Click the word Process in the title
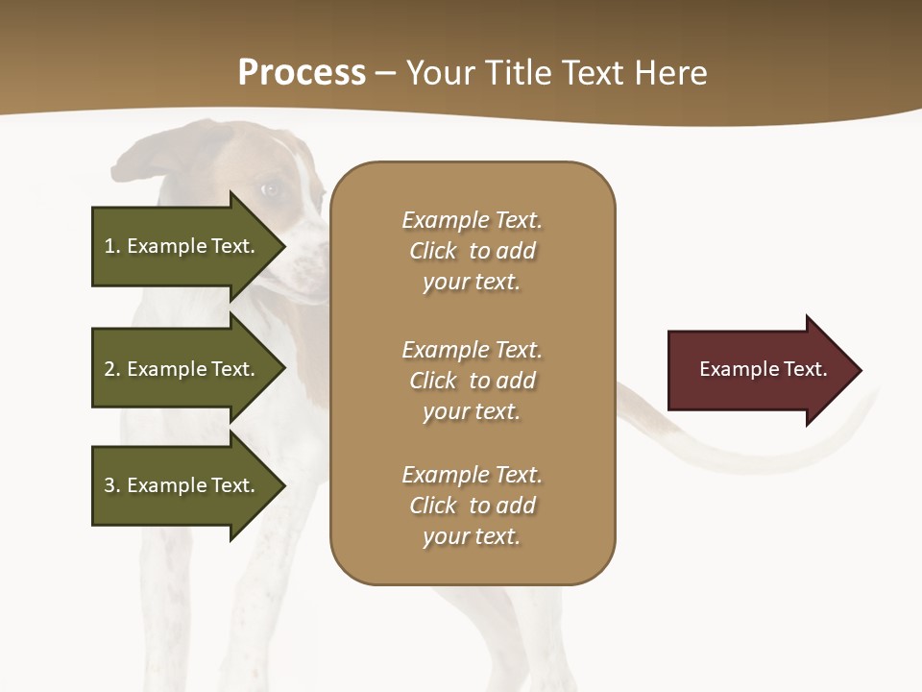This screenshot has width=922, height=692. pyautogui.click(x=302, y=73)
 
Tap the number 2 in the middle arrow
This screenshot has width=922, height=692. pyautogui.click(x=109, y=369)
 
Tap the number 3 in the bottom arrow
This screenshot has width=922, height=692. pyautogui.click(x=109, y=485)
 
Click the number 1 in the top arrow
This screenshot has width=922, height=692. pyautogui.click(x=109, y=246)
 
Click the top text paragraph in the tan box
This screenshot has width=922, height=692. pyautogui.click(x=472, y=251)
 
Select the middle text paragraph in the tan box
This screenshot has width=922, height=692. pyautogui.click(x=472, y=381)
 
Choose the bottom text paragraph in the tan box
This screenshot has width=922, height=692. pyautogui.click(x=472, y=506)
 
